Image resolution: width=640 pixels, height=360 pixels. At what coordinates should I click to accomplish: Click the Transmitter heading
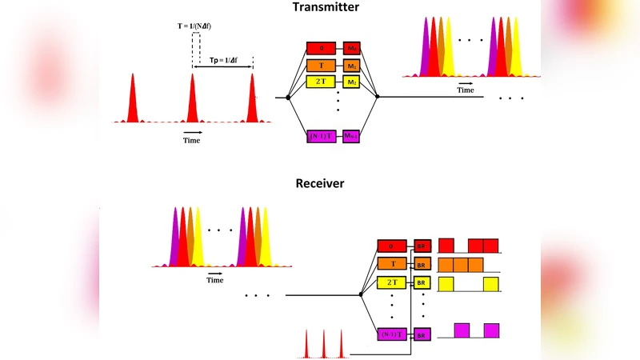320,7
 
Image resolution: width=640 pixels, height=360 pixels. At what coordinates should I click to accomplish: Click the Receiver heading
320,183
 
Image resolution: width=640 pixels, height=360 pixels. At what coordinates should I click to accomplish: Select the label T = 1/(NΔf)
194,26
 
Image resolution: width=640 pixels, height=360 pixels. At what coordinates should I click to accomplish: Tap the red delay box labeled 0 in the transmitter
322,48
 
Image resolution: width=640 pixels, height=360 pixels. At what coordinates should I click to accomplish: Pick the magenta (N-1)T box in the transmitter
322,136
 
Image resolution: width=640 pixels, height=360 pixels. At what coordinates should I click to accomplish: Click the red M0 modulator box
352,48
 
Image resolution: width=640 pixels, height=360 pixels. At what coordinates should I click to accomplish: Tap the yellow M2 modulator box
352,82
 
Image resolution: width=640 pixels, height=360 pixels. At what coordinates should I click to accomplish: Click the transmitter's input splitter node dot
288,97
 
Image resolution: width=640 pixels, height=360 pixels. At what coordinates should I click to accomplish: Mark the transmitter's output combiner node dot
378,97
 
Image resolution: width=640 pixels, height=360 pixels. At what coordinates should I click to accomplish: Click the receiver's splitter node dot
361,295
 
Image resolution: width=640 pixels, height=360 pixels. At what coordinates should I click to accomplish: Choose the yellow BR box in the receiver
422,282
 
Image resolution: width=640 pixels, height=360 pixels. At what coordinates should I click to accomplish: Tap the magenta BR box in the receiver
422,334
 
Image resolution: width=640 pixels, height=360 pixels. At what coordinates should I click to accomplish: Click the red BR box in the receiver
422,246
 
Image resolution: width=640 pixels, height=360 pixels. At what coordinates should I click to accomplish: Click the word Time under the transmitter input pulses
192,141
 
